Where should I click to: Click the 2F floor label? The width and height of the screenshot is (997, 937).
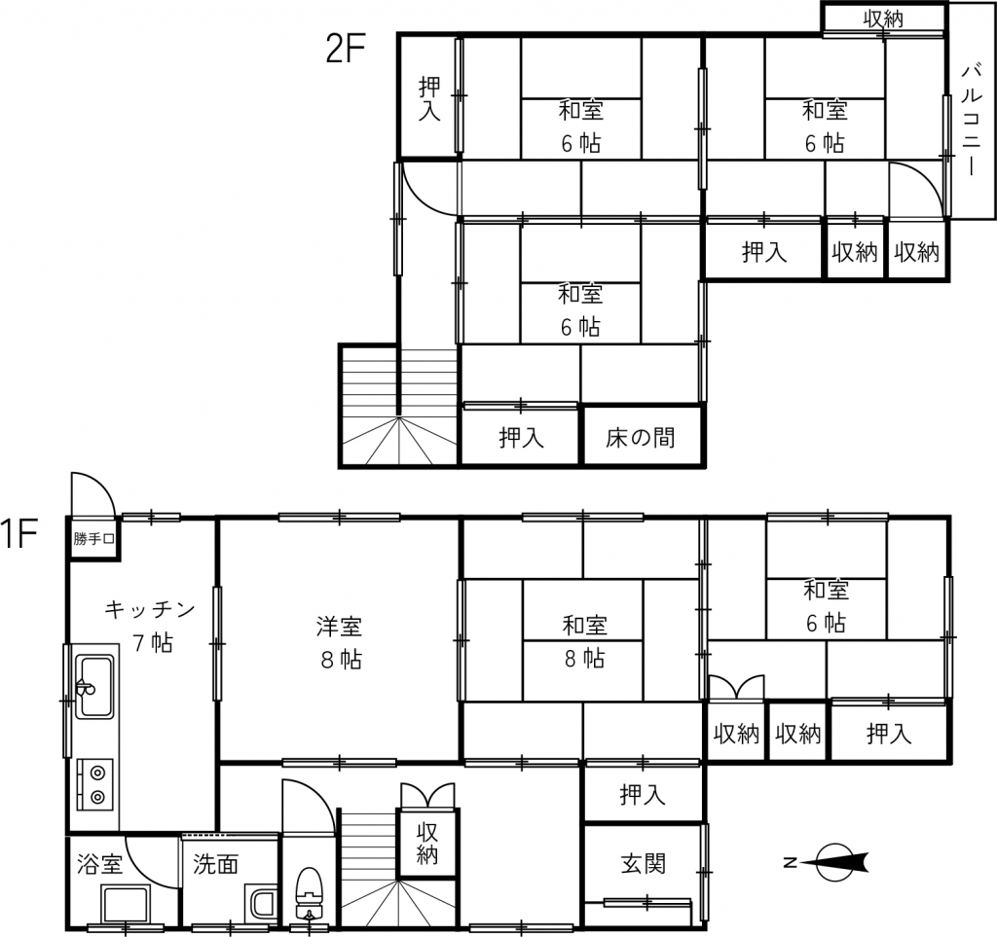(x=346, y=49)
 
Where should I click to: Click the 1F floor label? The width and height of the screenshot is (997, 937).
(x=19, y=533)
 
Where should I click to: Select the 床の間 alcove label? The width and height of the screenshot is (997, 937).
(x=640, y=438)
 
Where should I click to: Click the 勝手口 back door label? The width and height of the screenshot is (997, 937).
(x=93, y=539)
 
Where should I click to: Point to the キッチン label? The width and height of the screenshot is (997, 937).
(x=150, y=610)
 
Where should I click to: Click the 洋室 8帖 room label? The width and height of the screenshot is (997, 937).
(x=340, y=643)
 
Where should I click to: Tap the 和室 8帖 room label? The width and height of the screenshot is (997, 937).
(x=584, y=641)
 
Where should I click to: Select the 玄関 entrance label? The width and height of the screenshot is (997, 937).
(x=643, y=864)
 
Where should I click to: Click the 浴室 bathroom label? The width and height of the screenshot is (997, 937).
(x=99, y=864)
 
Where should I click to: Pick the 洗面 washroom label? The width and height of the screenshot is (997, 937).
(x=215, y=864)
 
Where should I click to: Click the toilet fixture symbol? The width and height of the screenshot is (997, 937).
(x=310, y=893)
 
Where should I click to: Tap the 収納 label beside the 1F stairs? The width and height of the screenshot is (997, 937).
(x=427, y=843)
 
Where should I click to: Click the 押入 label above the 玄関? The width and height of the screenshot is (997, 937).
(x=643, y=795)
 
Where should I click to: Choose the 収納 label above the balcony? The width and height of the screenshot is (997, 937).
(x=883, y=18)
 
